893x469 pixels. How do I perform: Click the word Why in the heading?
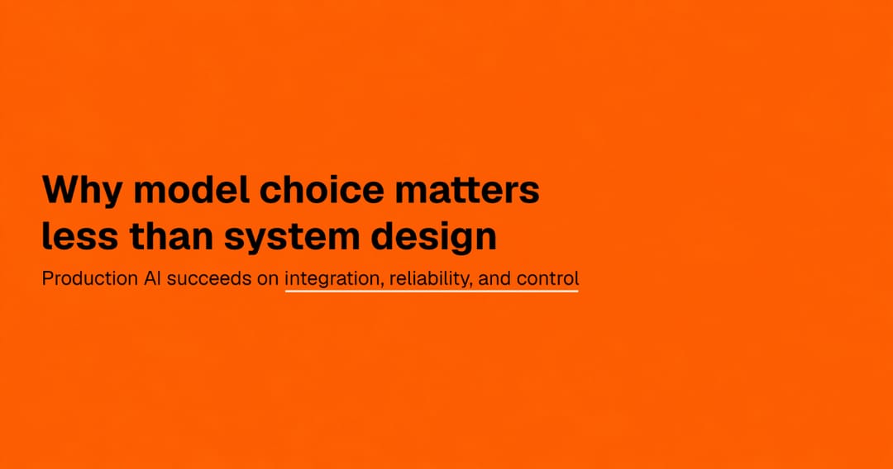click(x=82, y=191)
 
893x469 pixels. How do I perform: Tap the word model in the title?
click(x=191, y=189)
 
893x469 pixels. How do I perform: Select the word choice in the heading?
click(x=322, y=189)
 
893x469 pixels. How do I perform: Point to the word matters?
click(x=467, y=190)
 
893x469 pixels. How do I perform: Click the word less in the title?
click(x=80, y=235)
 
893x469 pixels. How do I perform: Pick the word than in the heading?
click(x=171, y=235)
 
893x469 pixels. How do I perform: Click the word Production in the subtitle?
click(x=90, y=278)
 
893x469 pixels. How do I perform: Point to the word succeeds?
click(x=209, y=278)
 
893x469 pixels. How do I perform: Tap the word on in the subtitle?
click(x=268, y=280)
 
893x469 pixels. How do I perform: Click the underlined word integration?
click(x=332, y=279)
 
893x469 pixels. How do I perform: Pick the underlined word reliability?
click(x=430, y=279)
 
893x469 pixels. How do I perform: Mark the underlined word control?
click(x=548, y=278)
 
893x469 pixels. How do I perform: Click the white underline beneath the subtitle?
click(x=431, y=291)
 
